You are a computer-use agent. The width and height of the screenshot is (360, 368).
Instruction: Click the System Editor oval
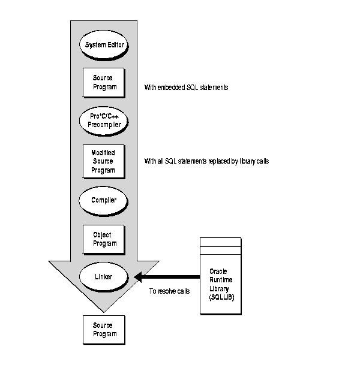click(x=103, y=45)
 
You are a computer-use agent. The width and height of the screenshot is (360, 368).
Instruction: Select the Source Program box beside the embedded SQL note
click(x=103, y=82)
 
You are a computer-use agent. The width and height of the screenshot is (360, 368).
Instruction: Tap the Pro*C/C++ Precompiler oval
click(x=103, y=120)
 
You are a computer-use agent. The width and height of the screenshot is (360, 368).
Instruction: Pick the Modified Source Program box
click(x=103, y=161)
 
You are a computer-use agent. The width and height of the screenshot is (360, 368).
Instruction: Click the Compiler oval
click(x=103, y=200)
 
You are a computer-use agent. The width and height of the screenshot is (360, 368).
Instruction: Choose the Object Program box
click(x=103, y=239)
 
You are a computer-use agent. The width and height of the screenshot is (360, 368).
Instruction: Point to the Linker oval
click(x=103, y=277)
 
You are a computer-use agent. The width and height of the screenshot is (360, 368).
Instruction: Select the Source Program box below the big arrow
click(x=103, y=329)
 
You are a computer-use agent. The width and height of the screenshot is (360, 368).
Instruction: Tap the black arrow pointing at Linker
click(x=168, y=277)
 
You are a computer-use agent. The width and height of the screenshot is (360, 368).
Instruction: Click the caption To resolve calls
click(x=170, y=291)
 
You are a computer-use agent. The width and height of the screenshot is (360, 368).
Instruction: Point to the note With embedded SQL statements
click(x=186, y=88)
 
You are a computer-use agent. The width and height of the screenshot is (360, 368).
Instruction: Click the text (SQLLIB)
click(x=219, y=298)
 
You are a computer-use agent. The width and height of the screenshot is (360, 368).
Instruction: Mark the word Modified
click(x=103, y=152)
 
